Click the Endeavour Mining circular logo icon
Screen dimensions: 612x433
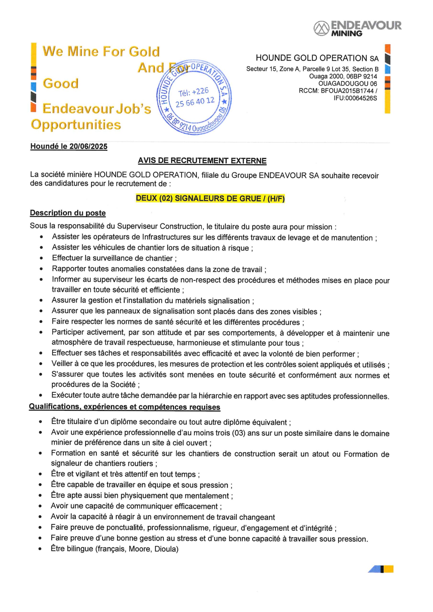click(321, 28)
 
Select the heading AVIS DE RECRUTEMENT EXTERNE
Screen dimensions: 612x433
click(202, 161)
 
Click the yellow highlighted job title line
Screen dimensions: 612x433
click(210, 198)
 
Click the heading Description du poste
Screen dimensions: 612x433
click(68, 213)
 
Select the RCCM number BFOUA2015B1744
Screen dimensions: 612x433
click(347, 91)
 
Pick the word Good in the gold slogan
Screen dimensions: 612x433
click(61, 83)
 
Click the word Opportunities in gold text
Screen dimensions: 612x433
click(76, 125)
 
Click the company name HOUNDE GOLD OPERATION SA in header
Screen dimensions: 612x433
click(317, 58)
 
